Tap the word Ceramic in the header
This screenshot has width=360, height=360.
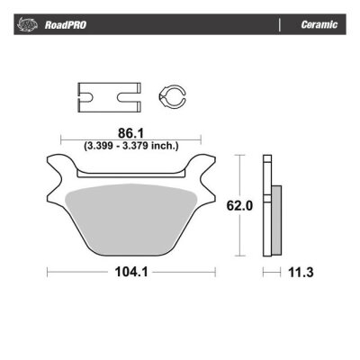pyautogui.click(x=319, y=25)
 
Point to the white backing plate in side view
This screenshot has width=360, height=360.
pyautogui.click(x=266, y=206)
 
